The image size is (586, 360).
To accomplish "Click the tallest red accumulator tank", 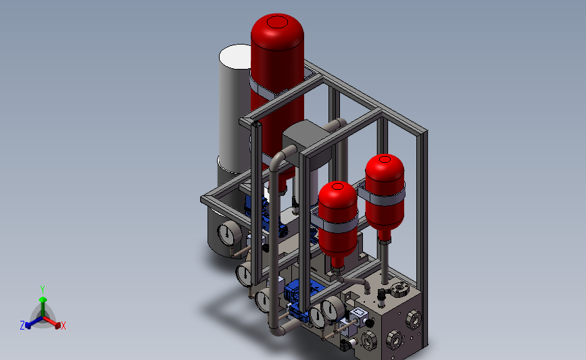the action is (x=277, y=93).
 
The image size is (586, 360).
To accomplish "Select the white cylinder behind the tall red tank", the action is (x=235, y=108).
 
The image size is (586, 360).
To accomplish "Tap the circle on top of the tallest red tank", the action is (x=277, y=22).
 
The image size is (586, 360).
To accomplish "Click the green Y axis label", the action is (x=43, y=290).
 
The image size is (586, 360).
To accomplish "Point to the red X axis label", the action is (x=63, y=326).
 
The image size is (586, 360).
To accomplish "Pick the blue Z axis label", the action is (x=22, y=326).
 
